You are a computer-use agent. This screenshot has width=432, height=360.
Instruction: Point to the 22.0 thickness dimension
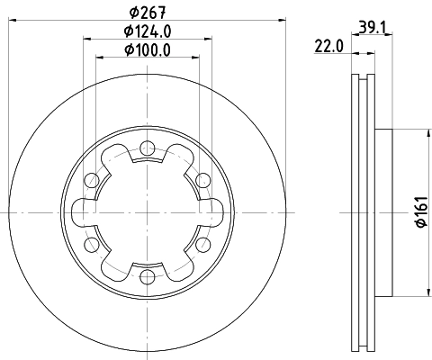pyautogui.click(x=328, y=45)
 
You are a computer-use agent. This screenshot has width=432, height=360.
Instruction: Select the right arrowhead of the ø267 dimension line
pyautogui.click(x=274, y=16)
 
